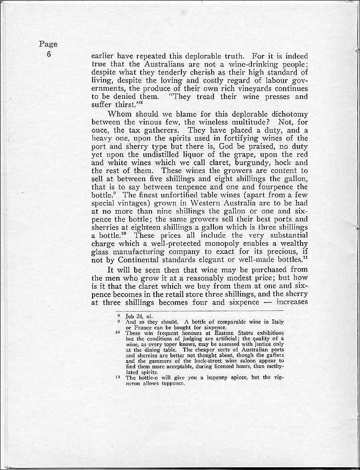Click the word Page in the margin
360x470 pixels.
48,44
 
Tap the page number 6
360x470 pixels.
48,54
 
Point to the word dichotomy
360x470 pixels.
286,114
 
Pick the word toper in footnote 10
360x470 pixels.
172,344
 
